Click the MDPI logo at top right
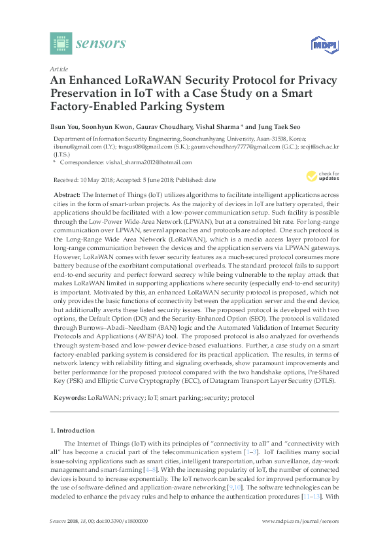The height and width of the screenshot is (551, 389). click(324, 44)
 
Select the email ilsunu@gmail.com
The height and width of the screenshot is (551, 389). click(73, 147)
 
